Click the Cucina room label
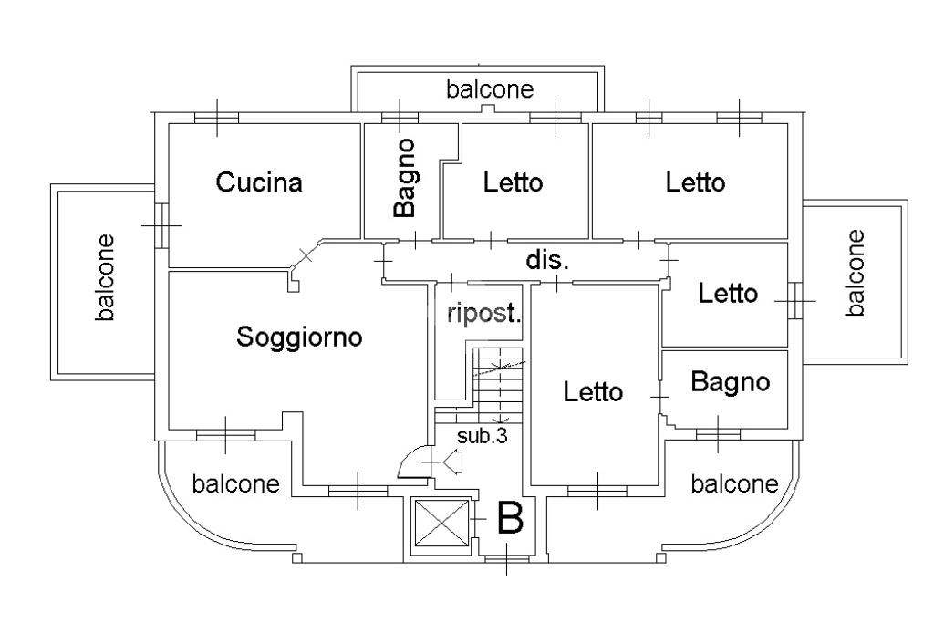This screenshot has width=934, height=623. pos(259,182)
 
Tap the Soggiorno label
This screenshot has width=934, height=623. pos(299,337)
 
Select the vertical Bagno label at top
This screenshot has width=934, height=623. pos(406,178)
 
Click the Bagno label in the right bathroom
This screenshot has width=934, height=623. pos(730,381)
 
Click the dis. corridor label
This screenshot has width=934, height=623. pos(547,260)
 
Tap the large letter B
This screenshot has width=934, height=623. pos(510,520)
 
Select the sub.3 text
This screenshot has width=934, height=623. pos(482,436)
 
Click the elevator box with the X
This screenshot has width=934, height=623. pos(440,526)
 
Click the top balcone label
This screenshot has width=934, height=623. pos(490,89)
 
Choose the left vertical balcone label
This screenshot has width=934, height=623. pos(107,278)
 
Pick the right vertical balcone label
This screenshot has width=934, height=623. pos(855,273)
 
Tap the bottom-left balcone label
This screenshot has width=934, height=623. pos(235,483)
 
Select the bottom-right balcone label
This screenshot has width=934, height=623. pos(734,483)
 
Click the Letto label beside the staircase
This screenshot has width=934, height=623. pos(593,392)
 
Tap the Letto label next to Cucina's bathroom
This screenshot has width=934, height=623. pos(513,182)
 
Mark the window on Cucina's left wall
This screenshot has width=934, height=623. pos(161,224)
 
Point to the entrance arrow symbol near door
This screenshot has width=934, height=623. pos(453,463)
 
